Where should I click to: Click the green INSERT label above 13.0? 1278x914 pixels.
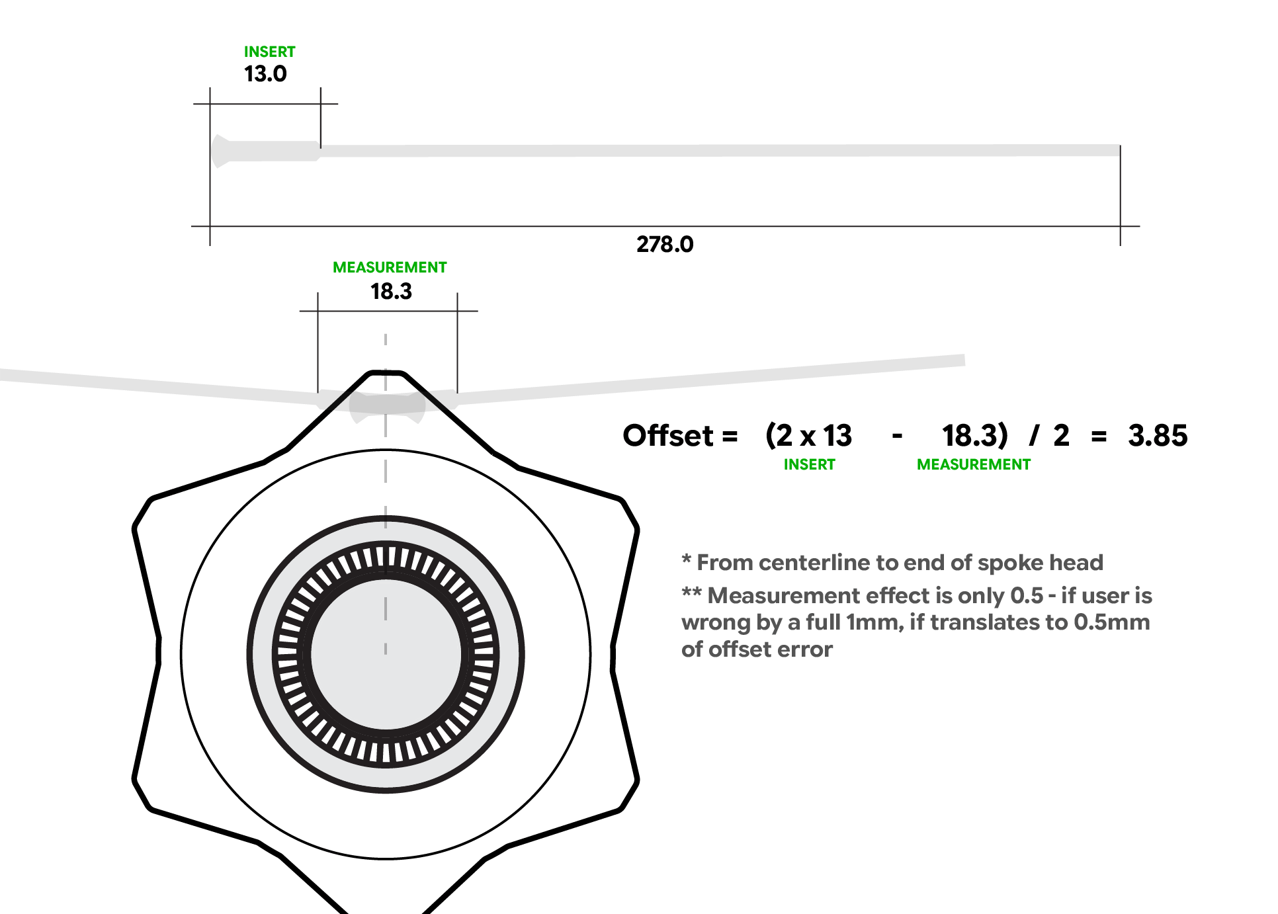[269, 52]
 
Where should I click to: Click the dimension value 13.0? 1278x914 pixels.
[265, 74]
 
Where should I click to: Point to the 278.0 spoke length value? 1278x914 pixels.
[665, 245]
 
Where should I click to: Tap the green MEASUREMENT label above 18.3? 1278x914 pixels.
[390, 267]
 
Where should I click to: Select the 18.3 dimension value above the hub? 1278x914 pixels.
[391, 292]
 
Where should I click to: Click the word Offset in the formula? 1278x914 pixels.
[668, 436]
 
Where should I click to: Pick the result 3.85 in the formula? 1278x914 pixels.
[1158, 436]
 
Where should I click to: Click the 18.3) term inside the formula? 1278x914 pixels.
[974, 436]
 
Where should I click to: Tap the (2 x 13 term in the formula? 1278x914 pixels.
[808, 436]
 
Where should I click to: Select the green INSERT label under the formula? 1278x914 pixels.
[809, 465]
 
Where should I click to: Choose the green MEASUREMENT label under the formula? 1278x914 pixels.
[973, 465]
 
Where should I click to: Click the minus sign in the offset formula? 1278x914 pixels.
[897, 436]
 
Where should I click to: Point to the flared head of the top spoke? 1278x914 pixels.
[221, 151]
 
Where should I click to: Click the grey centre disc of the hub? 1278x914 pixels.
[386, 655]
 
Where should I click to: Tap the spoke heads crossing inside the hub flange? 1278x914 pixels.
[387, 405]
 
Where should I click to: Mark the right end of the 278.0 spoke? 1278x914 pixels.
[1118, 151]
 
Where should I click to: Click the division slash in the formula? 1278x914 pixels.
[1033, 436]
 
